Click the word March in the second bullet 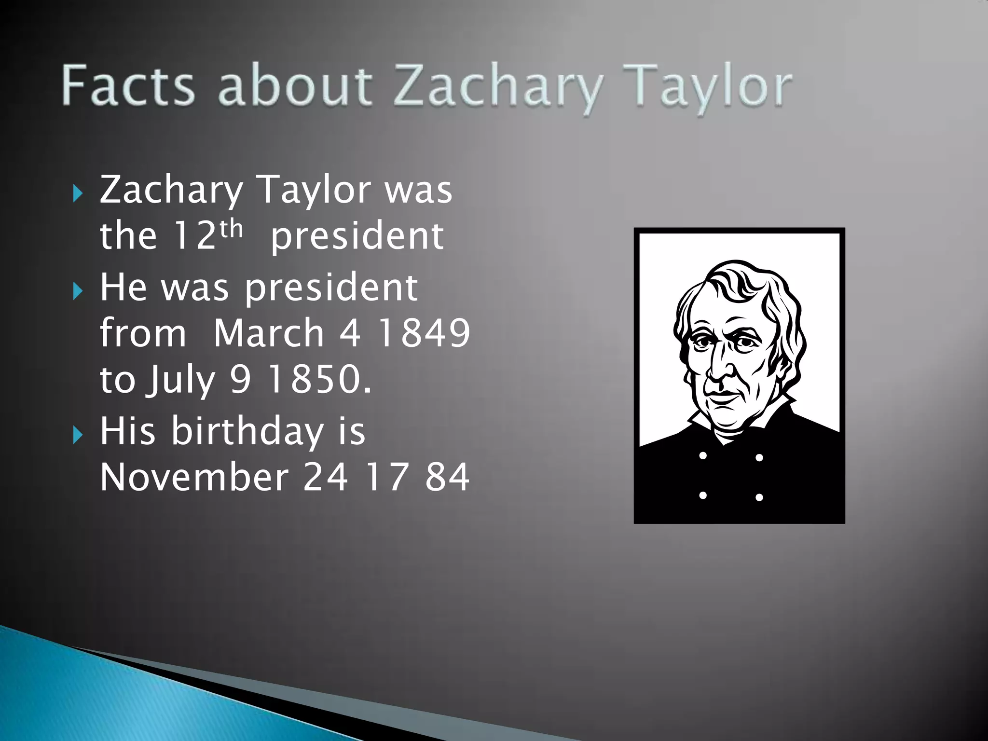[268, 333]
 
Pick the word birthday [247, 430]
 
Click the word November [194, 477]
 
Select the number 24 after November [325, 477]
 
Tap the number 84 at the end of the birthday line [447, 477]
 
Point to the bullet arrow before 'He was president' [78, 291]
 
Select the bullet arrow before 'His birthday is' [78, 436]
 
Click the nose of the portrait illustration [719, 367]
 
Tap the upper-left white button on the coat [703, 455]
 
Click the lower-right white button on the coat [759, 497]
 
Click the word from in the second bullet [143, 333]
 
